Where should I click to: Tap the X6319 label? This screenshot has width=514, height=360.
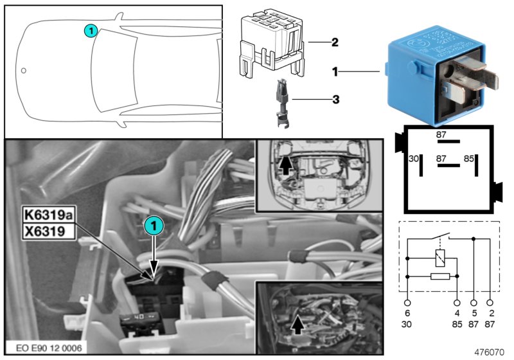click(x=44, y=230)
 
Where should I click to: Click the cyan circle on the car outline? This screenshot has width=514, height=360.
click(x=91, y=30)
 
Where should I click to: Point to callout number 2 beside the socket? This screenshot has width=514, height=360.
click(x=334, y=42)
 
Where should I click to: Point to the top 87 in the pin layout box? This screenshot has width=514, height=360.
click(x=443, y=134)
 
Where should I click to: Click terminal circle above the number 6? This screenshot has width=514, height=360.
click(x=407, y=301)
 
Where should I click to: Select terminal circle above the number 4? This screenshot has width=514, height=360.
click(x=457, y=301)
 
